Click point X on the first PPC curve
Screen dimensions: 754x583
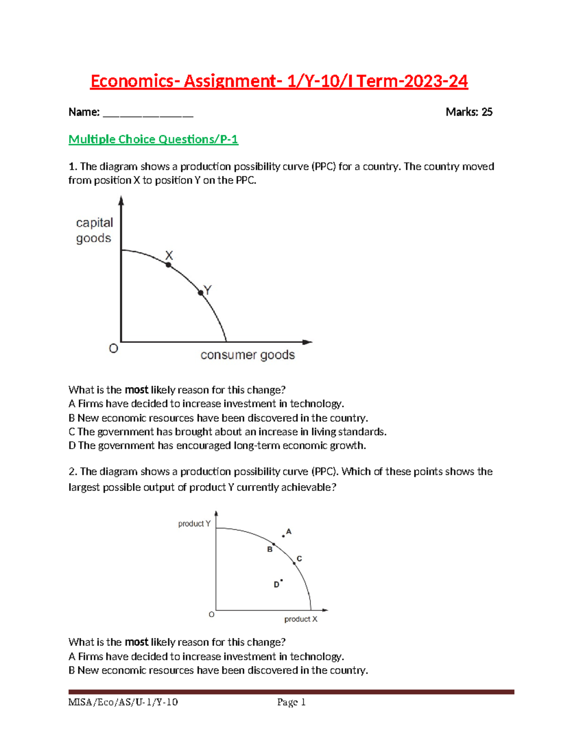[169, 265]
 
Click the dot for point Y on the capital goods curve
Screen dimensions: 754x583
[201, 293]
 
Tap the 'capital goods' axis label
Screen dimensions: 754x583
[94, 230]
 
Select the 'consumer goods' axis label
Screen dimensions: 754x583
[247, 355]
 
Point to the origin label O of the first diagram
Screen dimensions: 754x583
[114, 349]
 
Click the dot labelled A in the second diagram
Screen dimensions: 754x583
[284, 536]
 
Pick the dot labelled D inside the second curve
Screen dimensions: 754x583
[282, 580]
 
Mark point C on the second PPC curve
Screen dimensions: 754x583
[294, 563]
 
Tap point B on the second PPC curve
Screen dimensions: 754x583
[274, 544]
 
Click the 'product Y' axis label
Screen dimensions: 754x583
[194, 523]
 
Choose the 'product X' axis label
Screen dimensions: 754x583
[301, 619]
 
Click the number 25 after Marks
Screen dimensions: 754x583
[487, 112]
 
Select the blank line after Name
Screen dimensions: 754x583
[148, 115]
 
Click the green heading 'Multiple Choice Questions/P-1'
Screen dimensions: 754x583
[153, 140]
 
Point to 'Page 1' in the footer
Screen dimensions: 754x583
[291, 702]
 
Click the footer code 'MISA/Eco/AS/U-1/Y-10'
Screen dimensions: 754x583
[123, 702]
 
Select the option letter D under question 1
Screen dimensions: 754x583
[72, 446]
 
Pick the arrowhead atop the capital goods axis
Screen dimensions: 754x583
[121, 200]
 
